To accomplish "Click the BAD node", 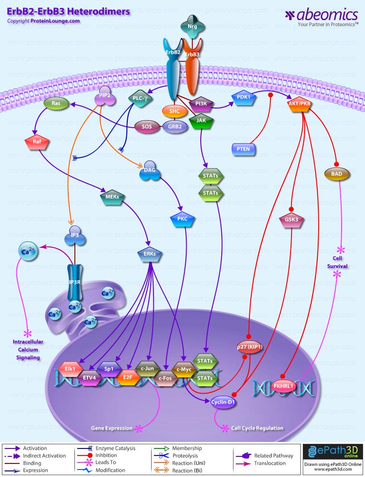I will pos(336,173).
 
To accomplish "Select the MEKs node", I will pos(112,199).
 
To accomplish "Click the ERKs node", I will pos(150,254).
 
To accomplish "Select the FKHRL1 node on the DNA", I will pos(284,387).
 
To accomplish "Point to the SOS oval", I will pos(144,126).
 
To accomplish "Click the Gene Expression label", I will pos(111,428).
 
